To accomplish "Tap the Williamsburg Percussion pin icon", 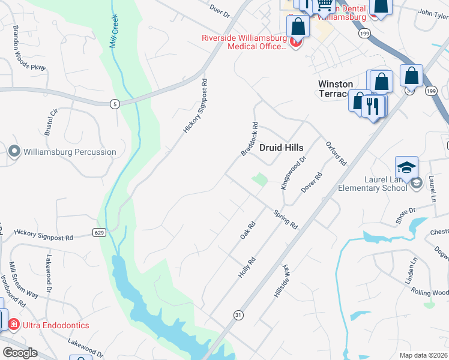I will point(15,152).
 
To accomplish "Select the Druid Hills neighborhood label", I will point(281,147).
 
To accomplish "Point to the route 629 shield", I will point(99,232).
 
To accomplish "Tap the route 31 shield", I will point(238,314).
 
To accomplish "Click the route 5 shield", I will point(114,104).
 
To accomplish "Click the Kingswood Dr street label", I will point(294,172).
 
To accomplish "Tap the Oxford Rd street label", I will point(336,154).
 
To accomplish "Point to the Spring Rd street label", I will point(286,220).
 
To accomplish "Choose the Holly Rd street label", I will point(247,266).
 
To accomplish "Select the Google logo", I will point(20,353).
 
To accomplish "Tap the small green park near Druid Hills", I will point(259,179).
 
